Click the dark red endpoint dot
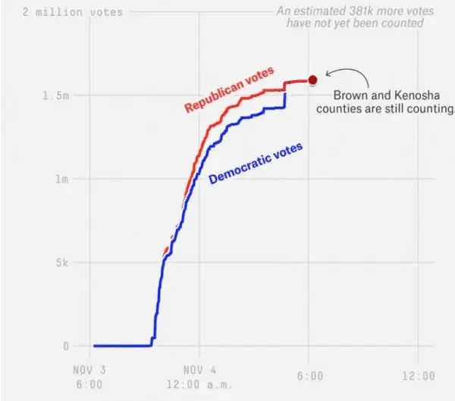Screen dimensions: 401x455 (x=312, y=79)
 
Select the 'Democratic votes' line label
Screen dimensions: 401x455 (x=255, y=163)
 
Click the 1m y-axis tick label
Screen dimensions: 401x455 (x=62, y=180)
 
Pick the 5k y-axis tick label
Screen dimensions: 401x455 (x=62, y=263)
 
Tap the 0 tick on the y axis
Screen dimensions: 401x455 (x=65, y=346)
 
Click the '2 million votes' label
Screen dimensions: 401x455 (x=72, y=12)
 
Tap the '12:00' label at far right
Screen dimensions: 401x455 (x=419, y=376)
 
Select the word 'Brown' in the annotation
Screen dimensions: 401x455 (x=350, y=96)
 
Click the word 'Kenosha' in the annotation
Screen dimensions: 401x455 (x=408, y=96)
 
